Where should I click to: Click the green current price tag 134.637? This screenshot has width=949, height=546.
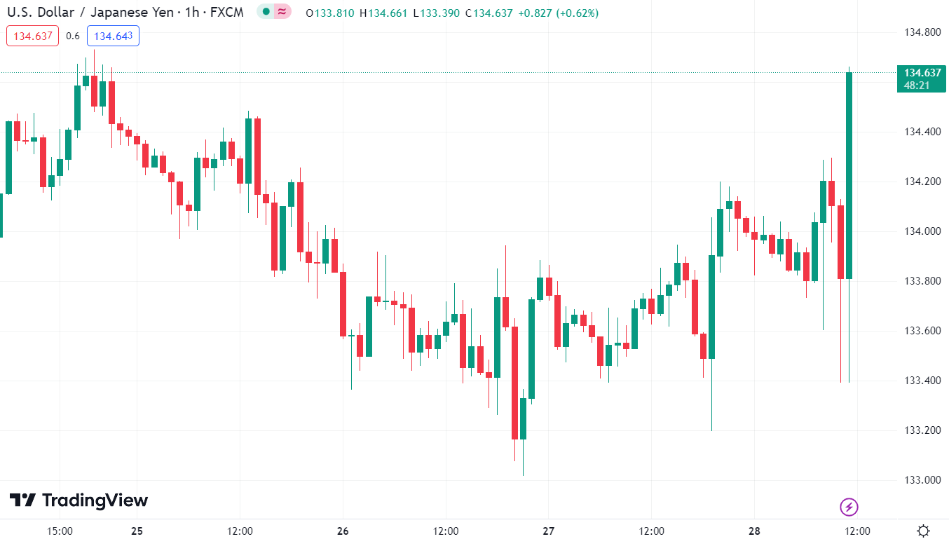tap(921, 79)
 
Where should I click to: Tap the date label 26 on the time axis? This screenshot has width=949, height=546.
tap(343, 531)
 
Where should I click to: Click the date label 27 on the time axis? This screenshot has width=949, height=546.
tap(549, 531)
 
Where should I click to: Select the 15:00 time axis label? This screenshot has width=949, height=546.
tap(60, 531)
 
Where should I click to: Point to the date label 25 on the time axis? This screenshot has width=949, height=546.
tap(137, 531)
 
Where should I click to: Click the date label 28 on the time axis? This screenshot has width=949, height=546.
tap(754, 531)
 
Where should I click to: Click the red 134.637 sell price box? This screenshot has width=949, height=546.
tap(33, 36)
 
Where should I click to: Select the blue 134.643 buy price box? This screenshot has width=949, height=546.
tap(113, 36)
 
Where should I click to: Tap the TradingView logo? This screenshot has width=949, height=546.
tap(78, 500)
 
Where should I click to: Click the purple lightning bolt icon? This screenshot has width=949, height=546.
tap(849, 506)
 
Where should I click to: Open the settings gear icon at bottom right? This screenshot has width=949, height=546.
tap(924, 531)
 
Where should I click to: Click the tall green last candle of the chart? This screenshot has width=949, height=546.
tap(849, 175)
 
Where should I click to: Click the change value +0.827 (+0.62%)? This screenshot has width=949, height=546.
tap(558, 13)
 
